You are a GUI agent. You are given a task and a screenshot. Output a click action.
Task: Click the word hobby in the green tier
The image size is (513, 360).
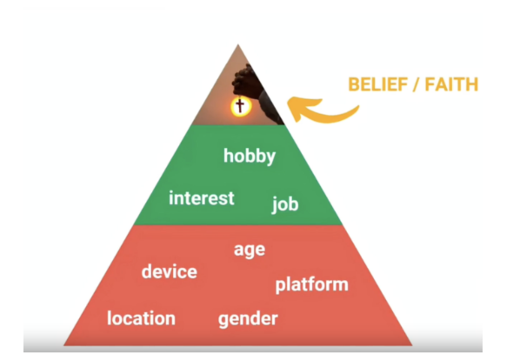pos(250,157)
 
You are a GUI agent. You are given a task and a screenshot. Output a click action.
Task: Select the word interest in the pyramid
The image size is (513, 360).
pos(202,198)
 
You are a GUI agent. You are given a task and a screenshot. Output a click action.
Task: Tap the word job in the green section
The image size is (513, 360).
pos(285,204)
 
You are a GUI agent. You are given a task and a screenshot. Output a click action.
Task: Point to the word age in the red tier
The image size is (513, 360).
pos(250,250)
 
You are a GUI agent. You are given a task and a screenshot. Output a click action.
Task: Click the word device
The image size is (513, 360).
pos(170,271)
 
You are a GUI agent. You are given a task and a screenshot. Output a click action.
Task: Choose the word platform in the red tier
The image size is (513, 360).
pos(312,284)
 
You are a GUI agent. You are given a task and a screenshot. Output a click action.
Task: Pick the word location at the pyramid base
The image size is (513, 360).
pos(142,318)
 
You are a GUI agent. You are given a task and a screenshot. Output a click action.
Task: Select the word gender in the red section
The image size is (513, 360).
pos(248,319)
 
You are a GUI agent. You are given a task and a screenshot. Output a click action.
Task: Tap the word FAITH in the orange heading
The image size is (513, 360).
pos(451,84)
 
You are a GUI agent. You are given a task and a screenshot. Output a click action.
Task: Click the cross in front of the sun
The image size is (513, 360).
pos(240,105)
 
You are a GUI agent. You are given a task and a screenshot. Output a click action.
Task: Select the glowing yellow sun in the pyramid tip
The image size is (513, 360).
pos(241,107)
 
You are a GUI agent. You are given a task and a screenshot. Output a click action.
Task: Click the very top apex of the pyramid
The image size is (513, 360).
pos(238,44)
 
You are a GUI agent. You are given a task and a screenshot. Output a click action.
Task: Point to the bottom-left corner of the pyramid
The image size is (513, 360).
pos(63,345)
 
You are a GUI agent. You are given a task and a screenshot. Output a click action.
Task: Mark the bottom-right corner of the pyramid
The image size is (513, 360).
pos(412,345)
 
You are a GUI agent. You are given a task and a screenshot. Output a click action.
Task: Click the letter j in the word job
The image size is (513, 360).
pos(274,205)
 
